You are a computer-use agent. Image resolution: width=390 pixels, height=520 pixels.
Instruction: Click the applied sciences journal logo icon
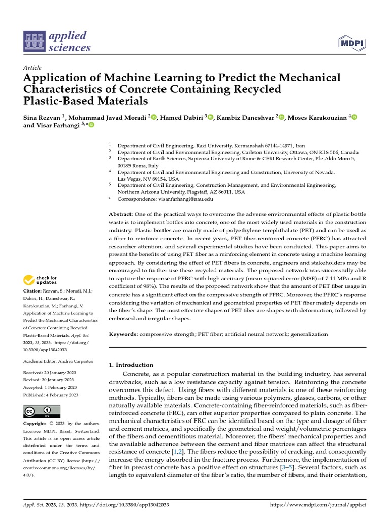[35, 42]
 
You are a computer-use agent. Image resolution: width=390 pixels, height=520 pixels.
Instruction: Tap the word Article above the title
[32, 68]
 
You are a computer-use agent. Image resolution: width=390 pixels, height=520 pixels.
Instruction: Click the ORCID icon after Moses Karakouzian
[354, 118]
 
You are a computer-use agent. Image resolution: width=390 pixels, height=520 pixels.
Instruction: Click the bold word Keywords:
[124, 334]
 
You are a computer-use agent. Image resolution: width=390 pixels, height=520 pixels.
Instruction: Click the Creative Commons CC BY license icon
[42, 411]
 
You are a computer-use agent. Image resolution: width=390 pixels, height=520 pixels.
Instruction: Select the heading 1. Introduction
[131, 365]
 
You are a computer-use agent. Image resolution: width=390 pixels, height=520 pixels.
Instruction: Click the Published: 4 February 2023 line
[51, 395]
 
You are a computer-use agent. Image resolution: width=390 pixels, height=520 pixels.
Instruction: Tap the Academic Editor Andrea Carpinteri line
[58, 361]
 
